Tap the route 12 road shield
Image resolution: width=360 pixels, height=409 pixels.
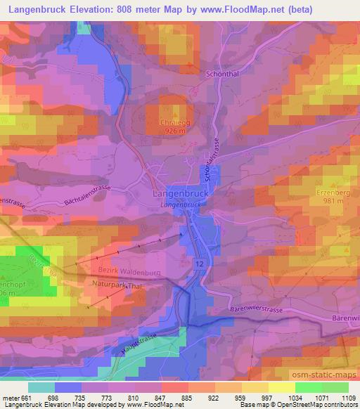click(x=202, y=261)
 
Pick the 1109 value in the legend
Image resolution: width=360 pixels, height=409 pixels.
click(x=347, y=398)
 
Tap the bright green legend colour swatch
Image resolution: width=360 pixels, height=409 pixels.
click(x=308, y=388)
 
